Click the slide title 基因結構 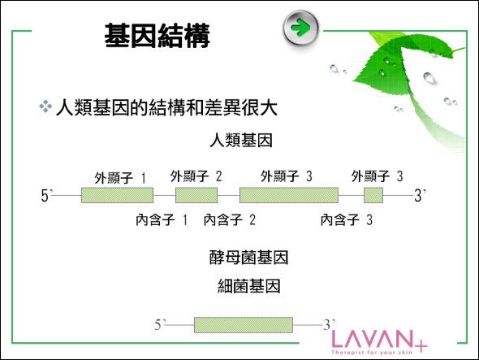coord(157,36)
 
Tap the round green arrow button coord(301,28)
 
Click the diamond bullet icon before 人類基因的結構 coord(45,106)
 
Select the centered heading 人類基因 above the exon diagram coord(241,141)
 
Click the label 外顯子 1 coord(120,178)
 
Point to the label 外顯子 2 coord(196,176)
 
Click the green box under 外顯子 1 coord(117,195)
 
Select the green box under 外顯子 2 coord(196,195)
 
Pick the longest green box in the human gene coord(289,195)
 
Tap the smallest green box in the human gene coord(373,195)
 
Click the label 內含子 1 coord(162,219)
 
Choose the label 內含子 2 coord(230,219)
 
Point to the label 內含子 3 coord(347,219)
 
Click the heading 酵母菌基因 coord(249,258)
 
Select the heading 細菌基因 coord(249,286)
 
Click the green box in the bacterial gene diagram coord(244,325)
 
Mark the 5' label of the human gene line coord(47,196)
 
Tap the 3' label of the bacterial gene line coord(330,324)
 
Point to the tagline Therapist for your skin coord(372,353)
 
